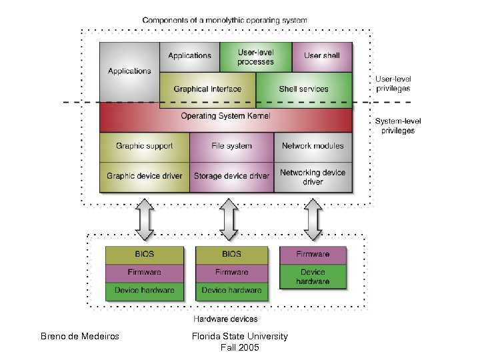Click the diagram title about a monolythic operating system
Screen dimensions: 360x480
[225, 21]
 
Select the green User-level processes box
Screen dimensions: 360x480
[255, 57]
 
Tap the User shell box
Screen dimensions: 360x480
[322, 57]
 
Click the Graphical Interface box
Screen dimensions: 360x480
[207, 89]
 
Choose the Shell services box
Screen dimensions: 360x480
[303, 89]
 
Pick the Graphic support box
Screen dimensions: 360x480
[144, 146]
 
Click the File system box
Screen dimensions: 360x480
[231, 146]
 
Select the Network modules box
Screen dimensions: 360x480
[313, 146]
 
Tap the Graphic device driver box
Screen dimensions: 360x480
[144, 176]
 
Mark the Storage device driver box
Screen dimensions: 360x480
[231, 176]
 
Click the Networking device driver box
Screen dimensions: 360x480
[313, 177]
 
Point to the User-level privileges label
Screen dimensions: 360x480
[393, 83]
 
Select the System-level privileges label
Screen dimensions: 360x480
[397, 126]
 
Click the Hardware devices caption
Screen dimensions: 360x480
[225, 319]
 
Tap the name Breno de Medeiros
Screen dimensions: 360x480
[80, 337]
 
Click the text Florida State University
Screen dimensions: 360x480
[239, 337]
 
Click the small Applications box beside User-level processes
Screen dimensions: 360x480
[189, 57]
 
